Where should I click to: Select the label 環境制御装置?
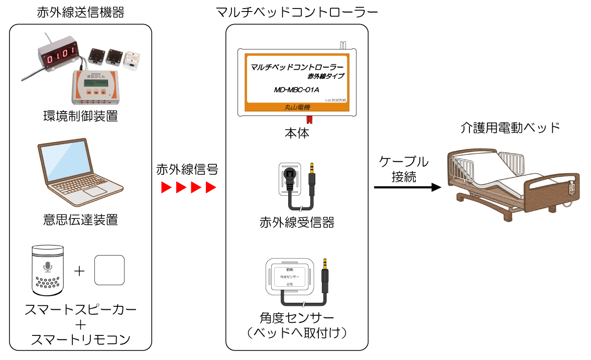(80, 116)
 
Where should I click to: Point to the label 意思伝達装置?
(80, 219)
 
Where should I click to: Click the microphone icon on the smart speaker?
(48, 266)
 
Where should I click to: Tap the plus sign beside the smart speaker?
(79, 272)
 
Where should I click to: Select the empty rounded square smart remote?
(109, 271)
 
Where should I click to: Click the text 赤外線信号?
(187, 169)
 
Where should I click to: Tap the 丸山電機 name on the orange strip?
(297, 106)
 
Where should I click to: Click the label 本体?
(296, 134)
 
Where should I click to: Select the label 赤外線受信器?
(297, 222)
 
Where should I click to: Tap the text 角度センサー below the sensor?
(297, 318)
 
